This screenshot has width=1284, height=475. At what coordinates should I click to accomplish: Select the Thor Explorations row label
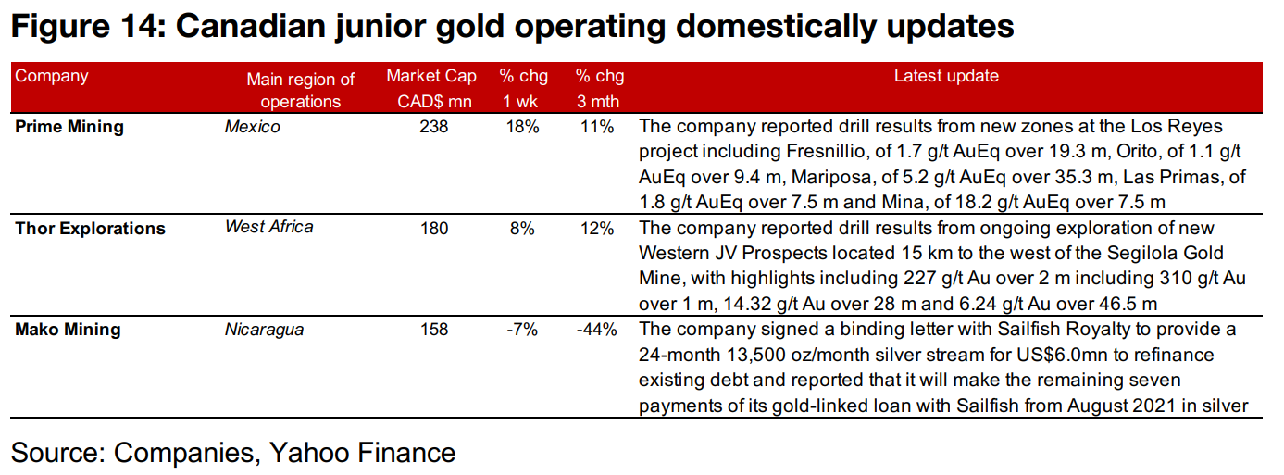coord(90,229)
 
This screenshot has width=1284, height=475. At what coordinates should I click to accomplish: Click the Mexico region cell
coord(252,127)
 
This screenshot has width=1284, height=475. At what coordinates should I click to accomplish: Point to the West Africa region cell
coord(268,227)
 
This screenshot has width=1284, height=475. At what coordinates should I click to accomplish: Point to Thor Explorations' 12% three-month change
coord(597,229)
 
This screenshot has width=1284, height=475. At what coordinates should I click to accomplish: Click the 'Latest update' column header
coord(945,77)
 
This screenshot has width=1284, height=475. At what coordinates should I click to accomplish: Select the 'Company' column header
coord(52,77)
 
